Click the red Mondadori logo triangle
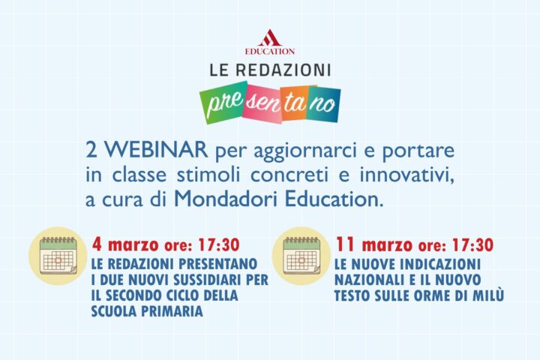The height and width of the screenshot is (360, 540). point(269,37)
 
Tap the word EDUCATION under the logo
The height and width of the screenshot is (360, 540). point(269,51)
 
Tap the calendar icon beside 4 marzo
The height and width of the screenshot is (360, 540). point(56,256)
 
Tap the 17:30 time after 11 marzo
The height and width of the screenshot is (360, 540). point(473,244)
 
